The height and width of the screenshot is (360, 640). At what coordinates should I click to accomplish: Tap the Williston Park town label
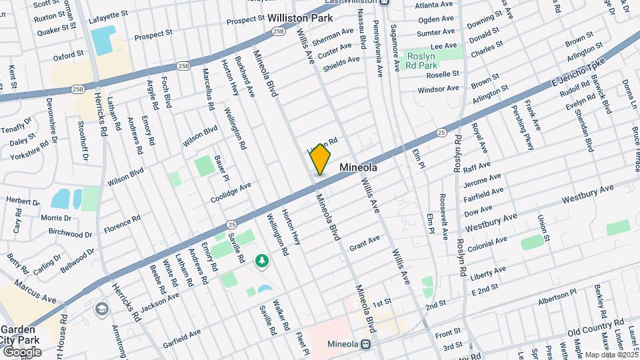[x=300, y=19]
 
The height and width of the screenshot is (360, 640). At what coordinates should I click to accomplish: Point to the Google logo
[x=21, y=351]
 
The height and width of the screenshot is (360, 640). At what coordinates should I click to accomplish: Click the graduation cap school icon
[x=101, y=309]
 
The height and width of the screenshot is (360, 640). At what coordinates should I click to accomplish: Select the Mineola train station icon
[x=365, y=345]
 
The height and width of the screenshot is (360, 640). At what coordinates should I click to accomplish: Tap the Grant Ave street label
[x=364, y=241]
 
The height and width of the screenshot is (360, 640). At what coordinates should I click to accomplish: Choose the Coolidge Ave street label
[x=231, y=191]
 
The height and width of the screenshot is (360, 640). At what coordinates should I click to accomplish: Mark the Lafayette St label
[x=110, y=14]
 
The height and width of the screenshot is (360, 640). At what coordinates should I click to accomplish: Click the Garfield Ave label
[x=181, y=334]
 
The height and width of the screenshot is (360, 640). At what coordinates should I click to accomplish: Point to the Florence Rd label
[x=122, y=223]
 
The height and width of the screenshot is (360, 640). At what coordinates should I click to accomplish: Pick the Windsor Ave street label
[x=439, y=89]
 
